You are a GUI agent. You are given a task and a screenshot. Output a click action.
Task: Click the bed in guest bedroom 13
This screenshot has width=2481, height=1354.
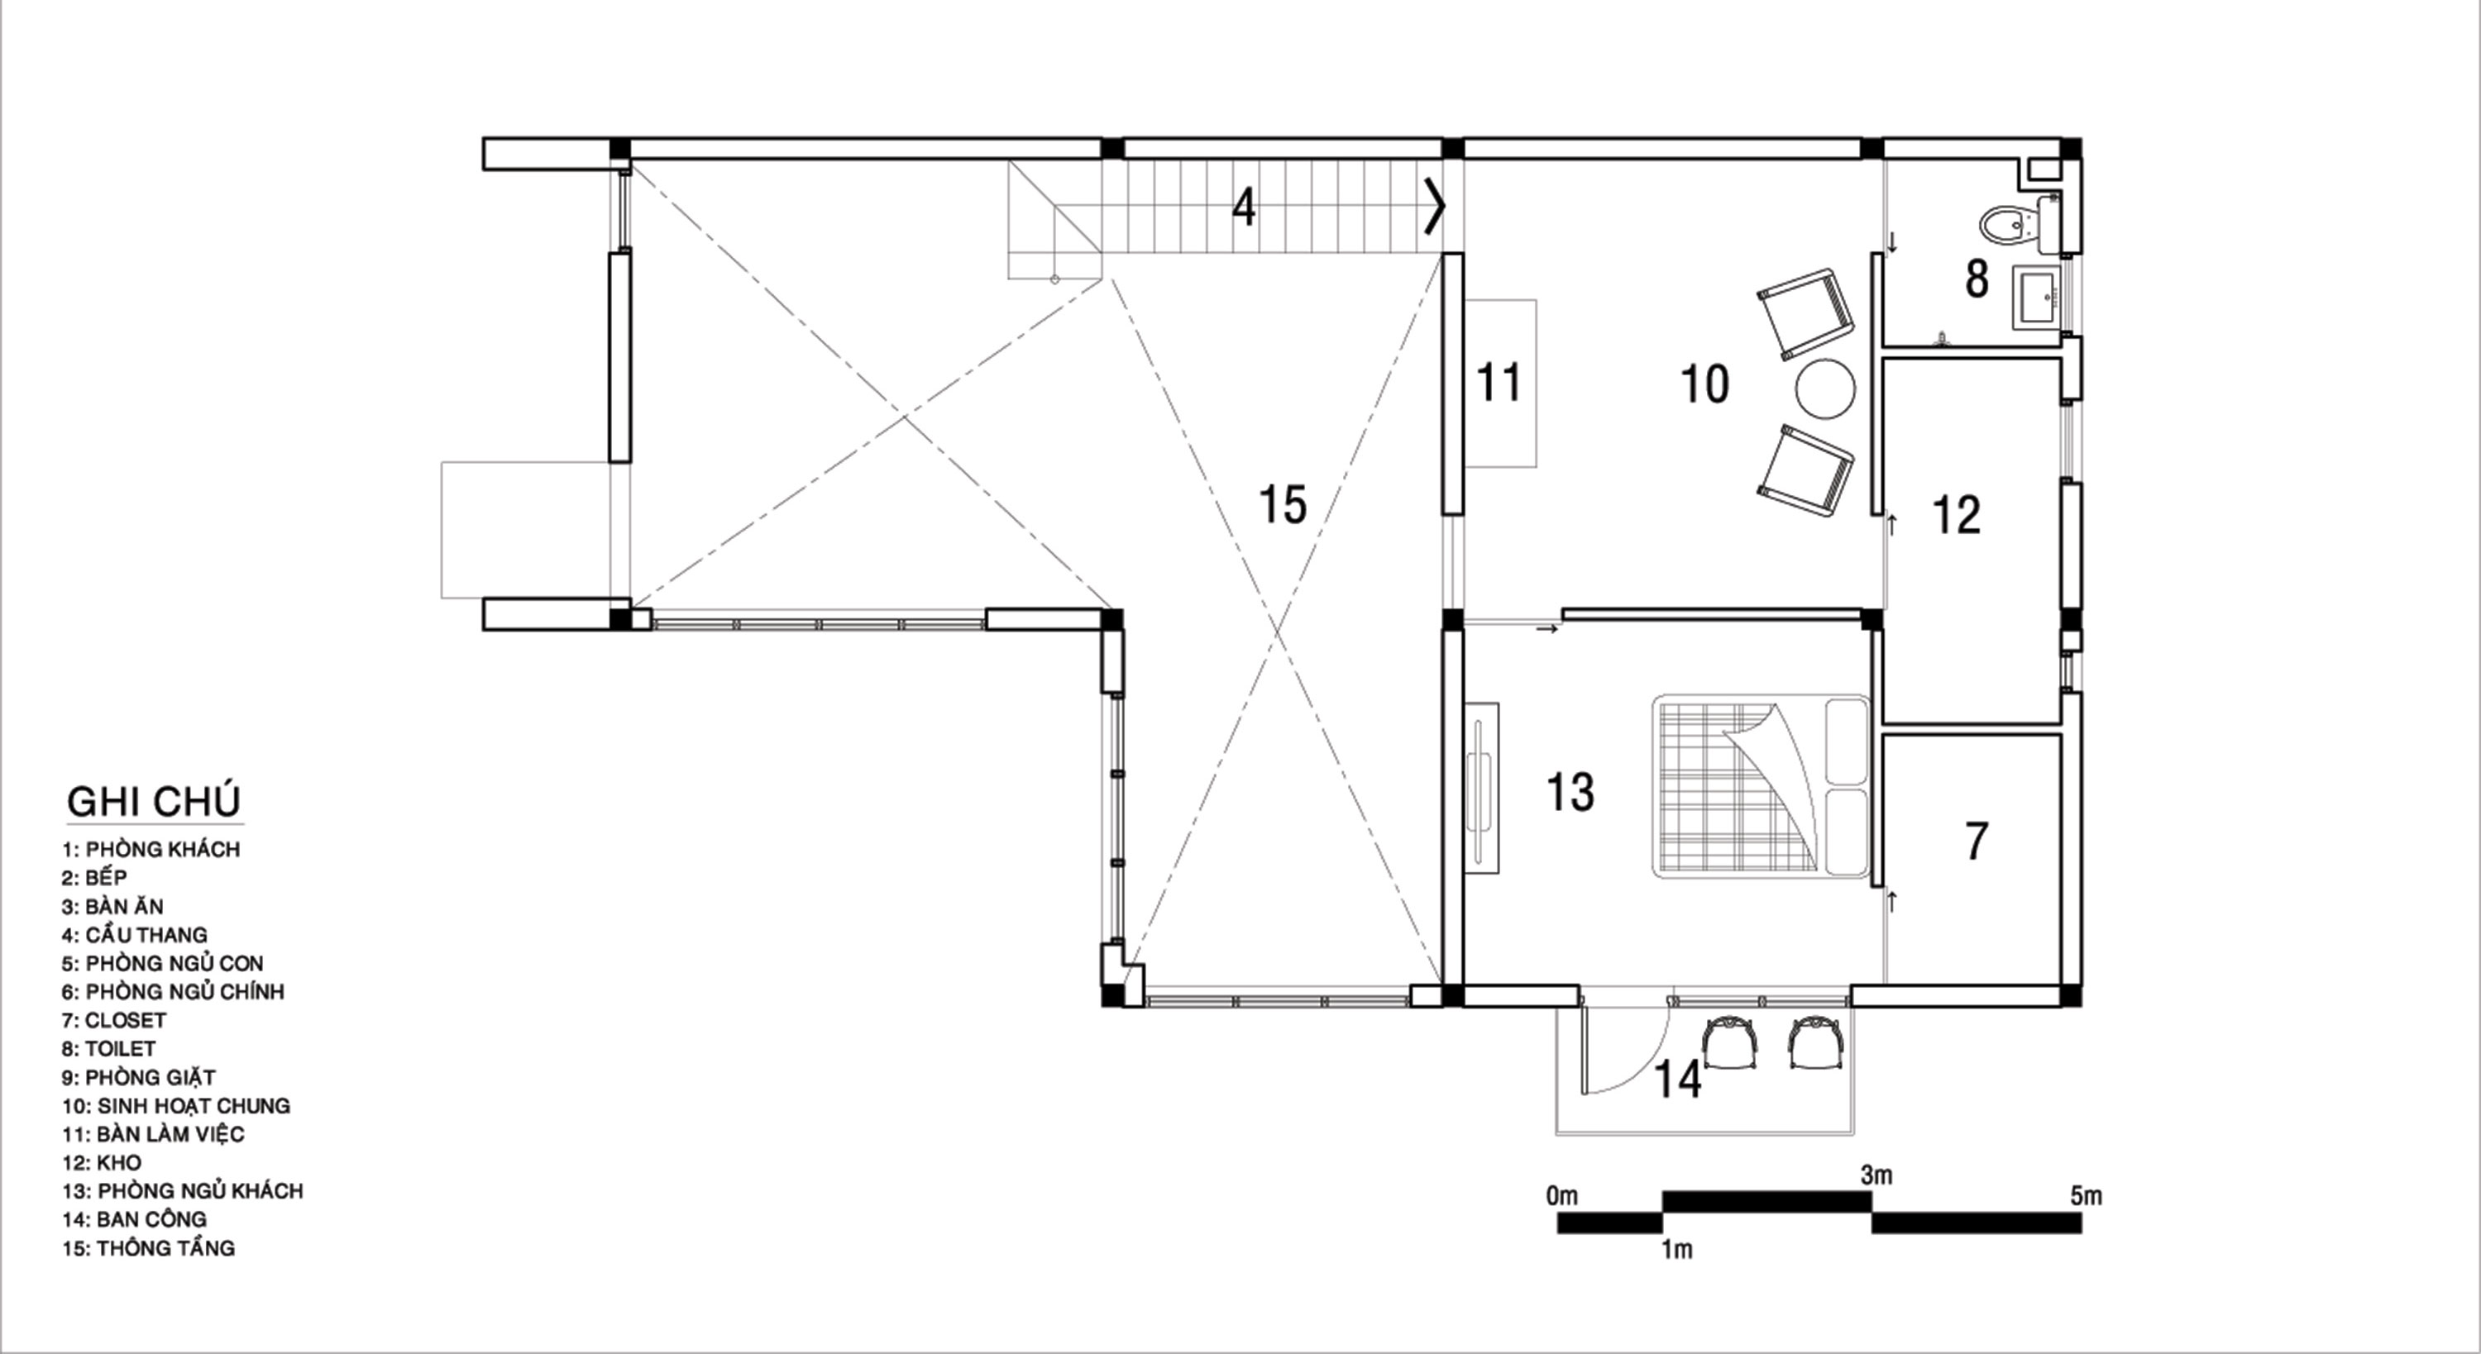(x=1761, y=787)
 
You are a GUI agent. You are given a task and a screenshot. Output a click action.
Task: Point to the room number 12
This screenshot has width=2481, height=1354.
(x=1956, y=515)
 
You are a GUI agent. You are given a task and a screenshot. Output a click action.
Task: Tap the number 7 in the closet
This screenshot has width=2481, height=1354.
(x=1977, y=841)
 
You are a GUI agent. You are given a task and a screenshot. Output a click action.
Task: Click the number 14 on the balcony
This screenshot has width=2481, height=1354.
(x=1678, y=1080)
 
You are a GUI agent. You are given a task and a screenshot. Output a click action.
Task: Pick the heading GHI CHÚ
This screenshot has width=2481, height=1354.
(x=154, y=801)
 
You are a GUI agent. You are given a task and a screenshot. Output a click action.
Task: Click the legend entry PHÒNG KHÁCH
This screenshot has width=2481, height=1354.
(x=163, y=850)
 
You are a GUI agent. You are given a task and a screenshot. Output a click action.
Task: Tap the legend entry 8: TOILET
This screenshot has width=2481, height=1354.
(x=108, y=1049)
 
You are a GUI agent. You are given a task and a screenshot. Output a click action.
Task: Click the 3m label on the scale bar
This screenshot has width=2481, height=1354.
(x=1876, y=1175)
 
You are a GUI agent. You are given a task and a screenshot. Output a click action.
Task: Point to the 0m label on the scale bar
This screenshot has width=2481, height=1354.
(x=1562, y=1196)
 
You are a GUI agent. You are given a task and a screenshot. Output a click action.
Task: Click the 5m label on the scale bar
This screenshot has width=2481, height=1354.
(x=2087, y=1197)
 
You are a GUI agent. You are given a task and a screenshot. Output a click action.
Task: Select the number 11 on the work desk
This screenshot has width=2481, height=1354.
(x=1499, y=383)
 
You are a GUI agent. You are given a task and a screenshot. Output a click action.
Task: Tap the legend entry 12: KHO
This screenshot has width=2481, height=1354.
(x=101, y=1162)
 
